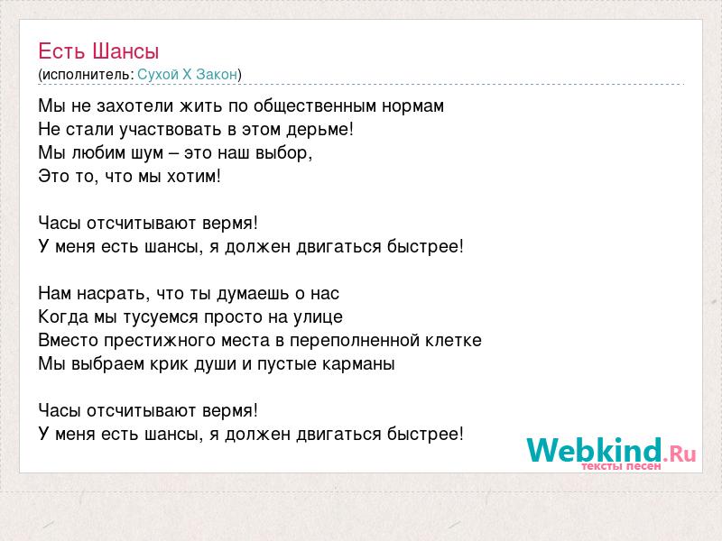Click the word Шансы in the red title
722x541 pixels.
coord(125,51)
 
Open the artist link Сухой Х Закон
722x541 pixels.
coord(188,74)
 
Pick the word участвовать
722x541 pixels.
coord(171,130)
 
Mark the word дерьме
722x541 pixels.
coord(318,130)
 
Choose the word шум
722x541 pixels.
coord(147,153)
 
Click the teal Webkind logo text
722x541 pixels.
coord(594,450)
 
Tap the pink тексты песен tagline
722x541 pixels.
coord(621,466)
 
